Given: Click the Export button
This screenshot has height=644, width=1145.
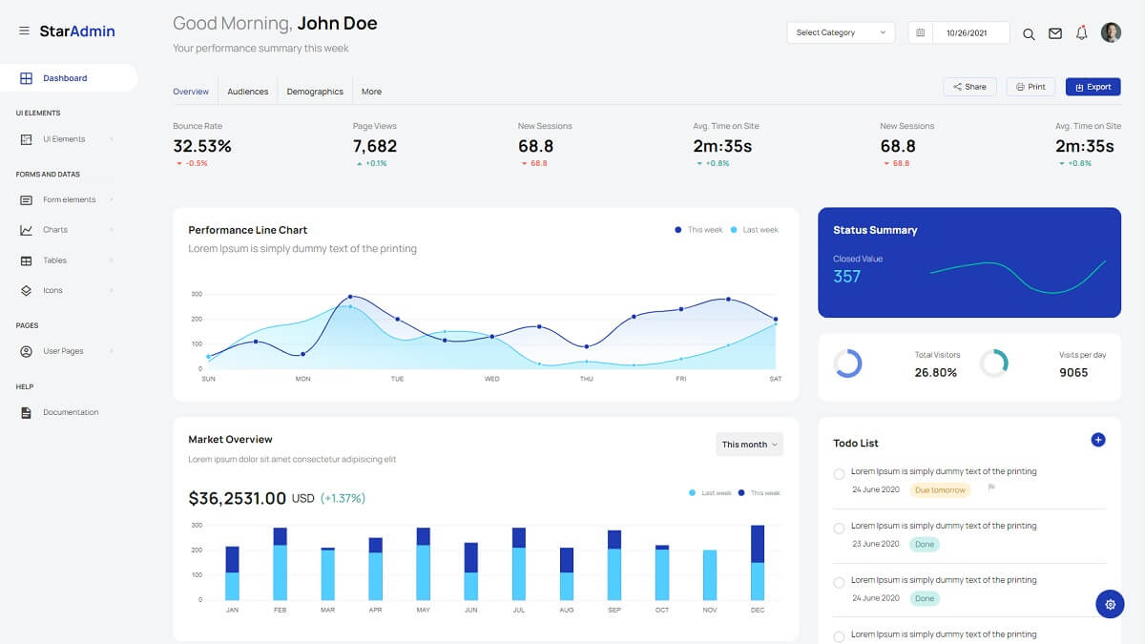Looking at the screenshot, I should pyautogui.click(x=1093, y=87).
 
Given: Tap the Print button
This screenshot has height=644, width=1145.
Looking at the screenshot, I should pyautogui.click(x=1030, y=87).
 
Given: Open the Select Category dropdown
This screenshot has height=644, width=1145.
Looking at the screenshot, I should pyautogui.click(x=841, y=32).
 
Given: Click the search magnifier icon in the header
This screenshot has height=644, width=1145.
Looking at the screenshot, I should pyautogui.click(x=1029, y=33).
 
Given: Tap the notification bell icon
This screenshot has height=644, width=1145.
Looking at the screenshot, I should pyautogui.click(x=1081, y=33).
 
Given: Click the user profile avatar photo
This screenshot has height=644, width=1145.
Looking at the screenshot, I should pyautogui.click(x=1111, y=32).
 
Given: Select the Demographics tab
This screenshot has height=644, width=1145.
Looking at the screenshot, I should pyautogui.click(x=315, y=92).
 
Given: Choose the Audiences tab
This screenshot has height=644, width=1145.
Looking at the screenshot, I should pyautogui.click(x=247, y=92).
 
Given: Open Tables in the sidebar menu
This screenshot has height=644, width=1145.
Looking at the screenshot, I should pyautogui.click(x=54, y=260).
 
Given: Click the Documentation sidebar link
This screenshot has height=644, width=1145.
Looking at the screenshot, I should pyautogui.click(x=71, y=412).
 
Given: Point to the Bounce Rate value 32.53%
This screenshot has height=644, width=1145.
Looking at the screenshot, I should pyautogui.click(x=202, y=146).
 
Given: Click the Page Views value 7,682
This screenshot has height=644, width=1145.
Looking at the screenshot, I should pyautogui.click(x=375, y=146).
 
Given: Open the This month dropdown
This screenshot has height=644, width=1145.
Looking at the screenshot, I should pyautogui.click(x=749, y=445).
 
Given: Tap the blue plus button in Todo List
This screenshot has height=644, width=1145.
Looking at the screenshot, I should pyautogui.click(x=1097, y=440).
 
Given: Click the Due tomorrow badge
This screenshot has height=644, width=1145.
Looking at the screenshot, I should pyautogui.click(x=940, y=490).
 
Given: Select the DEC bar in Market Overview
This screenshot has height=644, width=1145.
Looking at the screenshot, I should pyautogui.click(x=758, y=563).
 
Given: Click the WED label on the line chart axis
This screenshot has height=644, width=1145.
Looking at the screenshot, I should pyautogui.click(x=491, y=379).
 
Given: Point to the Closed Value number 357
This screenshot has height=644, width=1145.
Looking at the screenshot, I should pyautogui.click(x=846, y=277).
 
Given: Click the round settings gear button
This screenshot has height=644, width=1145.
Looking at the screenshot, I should pyautogui.click(x=1110, y=604).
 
